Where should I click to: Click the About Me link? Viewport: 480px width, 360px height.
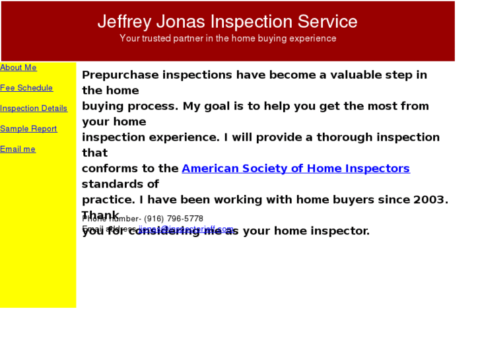pos(18,67)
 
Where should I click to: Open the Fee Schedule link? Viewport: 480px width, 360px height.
pos(26,88)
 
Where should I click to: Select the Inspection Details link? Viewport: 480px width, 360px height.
pos(34,108)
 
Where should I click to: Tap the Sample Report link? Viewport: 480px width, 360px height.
pos(28,129)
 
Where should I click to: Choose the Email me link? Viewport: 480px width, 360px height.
pos(18,149)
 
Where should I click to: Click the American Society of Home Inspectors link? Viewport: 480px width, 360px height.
pos(296,168)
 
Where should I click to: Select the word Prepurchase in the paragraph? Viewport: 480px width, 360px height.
pos(120,75)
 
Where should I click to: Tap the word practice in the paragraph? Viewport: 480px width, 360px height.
pos(106,199)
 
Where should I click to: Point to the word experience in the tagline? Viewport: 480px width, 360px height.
pos(311,38)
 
